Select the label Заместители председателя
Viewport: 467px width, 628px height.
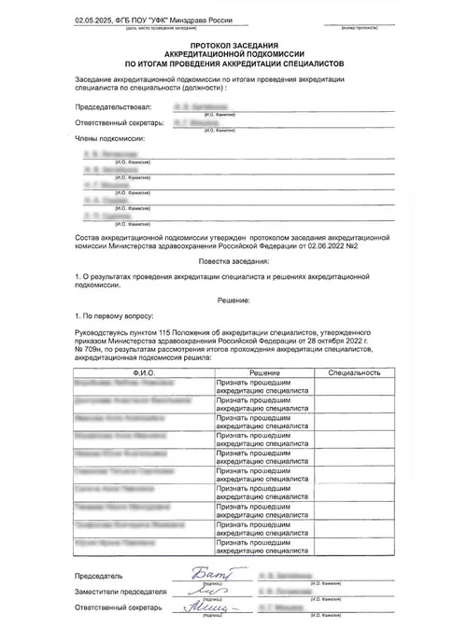120,592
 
